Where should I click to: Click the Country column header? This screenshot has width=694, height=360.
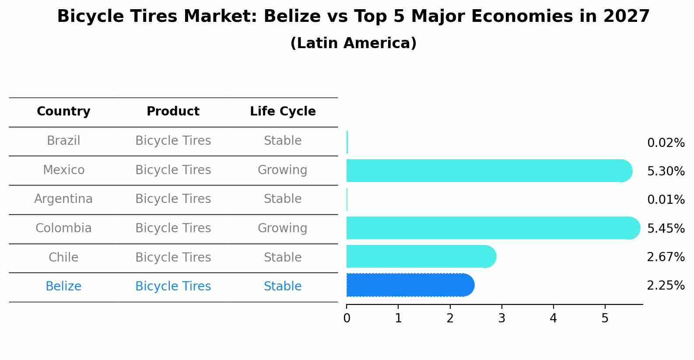[63, 112]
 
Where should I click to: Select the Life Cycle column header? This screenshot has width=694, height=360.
[283, 112]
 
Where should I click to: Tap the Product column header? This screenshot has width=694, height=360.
[173, 112]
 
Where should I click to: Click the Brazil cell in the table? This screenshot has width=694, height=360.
[63, 141]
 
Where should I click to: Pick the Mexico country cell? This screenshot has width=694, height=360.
[63, 170]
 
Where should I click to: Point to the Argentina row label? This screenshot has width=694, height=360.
[63, 199]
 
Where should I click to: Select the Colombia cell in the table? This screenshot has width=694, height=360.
[63, 228]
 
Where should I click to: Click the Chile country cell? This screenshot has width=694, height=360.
[63, 257]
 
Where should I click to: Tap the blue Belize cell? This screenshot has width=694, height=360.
[63, 287]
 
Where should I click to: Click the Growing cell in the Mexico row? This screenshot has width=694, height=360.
[283, 170]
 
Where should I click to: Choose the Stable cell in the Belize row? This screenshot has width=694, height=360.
[283, 287]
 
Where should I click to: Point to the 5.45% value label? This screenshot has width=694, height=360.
[666, 229]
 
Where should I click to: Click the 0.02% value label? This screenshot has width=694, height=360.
[666, 143]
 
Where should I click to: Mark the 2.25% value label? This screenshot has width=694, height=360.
[666, 286]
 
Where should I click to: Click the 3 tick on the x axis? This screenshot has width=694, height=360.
[501, 318]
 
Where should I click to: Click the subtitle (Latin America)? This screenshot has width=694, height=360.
[353, 43]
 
